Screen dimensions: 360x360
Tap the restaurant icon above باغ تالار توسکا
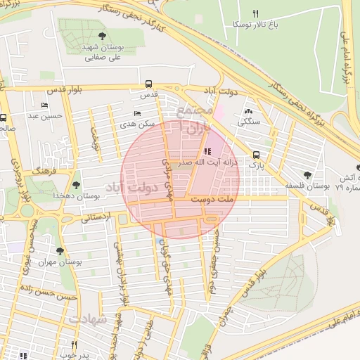click(x=255, y=13)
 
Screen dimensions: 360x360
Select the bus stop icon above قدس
click(x=148, y=83)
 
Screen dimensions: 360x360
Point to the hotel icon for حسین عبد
click(x=45, y=105)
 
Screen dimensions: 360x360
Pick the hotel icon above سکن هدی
click(x=137, y=112)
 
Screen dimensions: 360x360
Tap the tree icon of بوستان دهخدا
click(x=76, y=185)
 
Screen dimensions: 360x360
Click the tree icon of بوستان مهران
click(x=59, y=250)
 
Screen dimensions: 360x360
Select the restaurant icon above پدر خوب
click(x=74, y=345)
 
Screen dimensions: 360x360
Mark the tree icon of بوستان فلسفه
click(x=307, y=175)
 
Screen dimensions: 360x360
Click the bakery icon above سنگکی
click(x=247, y=111)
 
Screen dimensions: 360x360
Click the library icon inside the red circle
click(x=206, y=150)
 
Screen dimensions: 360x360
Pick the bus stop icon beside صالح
click(x=4, y=118)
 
